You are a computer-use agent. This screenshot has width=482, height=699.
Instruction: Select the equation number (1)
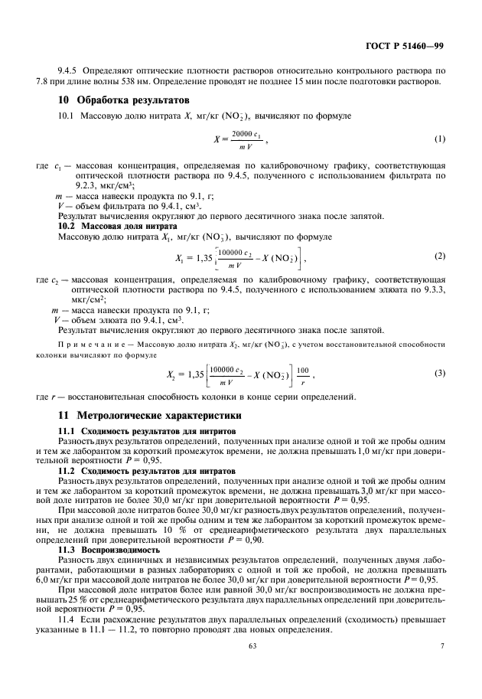pyautogui.click(x=439, y=139)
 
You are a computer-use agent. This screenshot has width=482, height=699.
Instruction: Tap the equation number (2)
pyautogui.click(x=439, y=255)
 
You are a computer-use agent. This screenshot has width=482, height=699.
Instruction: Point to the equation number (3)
pyautogui.click(x=439, y=373)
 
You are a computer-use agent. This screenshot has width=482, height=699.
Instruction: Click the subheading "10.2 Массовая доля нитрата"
pyautogui.click(x=118, y=227)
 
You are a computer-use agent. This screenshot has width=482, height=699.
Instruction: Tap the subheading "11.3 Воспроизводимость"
pyautogui.click(x=109, y=550)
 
